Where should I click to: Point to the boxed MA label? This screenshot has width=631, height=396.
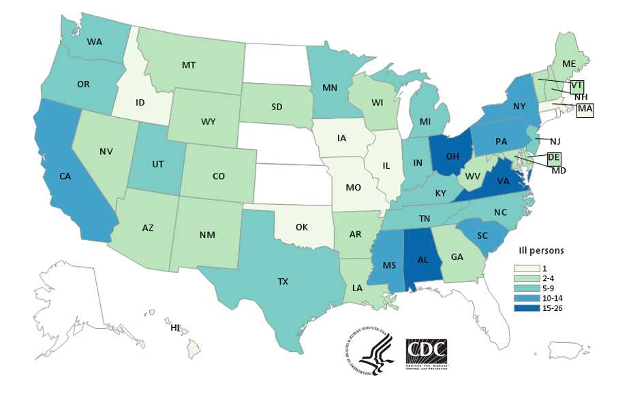585,110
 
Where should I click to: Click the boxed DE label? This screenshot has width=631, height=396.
554,158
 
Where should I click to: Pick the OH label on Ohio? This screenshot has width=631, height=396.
452,154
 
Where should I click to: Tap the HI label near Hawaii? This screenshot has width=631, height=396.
175,328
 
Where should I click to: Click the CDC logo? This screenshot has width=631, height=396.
427,351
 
